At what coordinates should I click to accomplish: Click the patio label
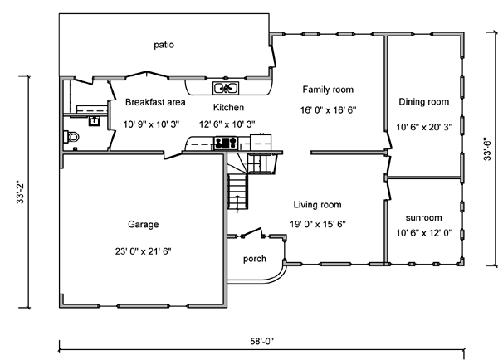(x=164, y=45)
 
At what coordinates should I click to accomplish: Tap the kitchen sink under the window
(x=226, y=88)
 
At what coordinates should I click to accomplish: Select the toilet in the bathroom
(x=71, y=137)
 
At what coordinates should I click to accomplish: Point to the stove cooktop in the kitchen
(x=226, y=143)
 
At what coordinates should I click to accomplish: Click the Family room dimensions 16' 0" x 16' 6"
(x=328, y=110)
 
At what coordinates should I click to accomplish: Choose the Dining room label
(x=423, y=101)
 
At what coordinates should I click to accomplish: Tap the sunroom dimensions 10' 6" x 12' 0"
(x=423, y=233)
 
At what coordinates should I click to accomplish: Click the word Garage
(x=143, y=225)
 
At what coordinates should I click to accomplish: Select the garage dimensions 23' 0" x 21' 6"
(x=143, y=251)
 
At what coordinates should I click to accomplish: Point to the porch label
(x=255, y=259)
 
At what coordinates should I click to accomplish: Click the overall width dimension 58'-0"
(x=261, y=341)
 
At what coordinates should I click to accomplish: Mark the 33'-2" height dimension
(x=20, y=192)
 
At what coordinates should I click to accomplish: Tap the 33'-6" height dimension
(x=487, y=148)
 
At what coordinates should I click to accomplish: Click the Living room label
(x=317, y=205)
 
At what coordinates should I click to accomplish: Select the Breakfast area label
(x=155, y=102)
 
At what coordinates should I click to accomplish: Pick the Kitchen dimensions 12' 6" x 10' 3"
(x=227, y=124)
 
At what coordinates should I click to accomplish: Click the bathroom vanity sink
(x=94, y=121)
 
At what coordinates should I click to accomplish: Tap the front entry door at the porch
(x=253, y=233)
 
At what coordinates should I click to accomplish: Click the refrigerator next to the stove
(x=261, y=142)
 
